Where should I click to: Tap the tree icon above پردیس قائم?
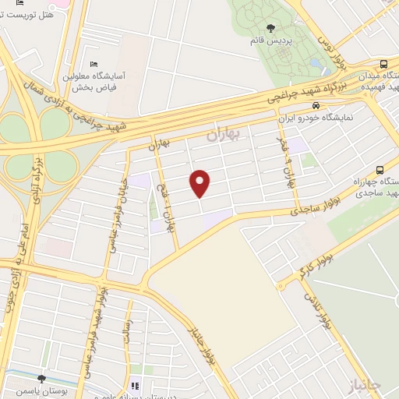(270, 29)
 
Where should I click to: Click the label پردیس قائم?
(270, 41)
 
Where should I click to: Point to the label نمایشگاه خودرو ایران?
(316, 119)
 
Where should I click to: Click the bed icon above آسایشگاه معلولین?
(94, 64)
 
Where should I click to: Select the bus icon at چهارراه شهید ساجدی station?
(380, 169)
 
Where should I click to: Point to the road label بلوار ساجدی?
(315, 199)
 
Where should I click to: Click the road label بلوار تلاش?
(318, 309)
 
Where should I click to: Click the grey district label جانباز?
(364, 384)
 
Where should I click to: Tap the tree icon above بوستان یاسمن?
(41, 378)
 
